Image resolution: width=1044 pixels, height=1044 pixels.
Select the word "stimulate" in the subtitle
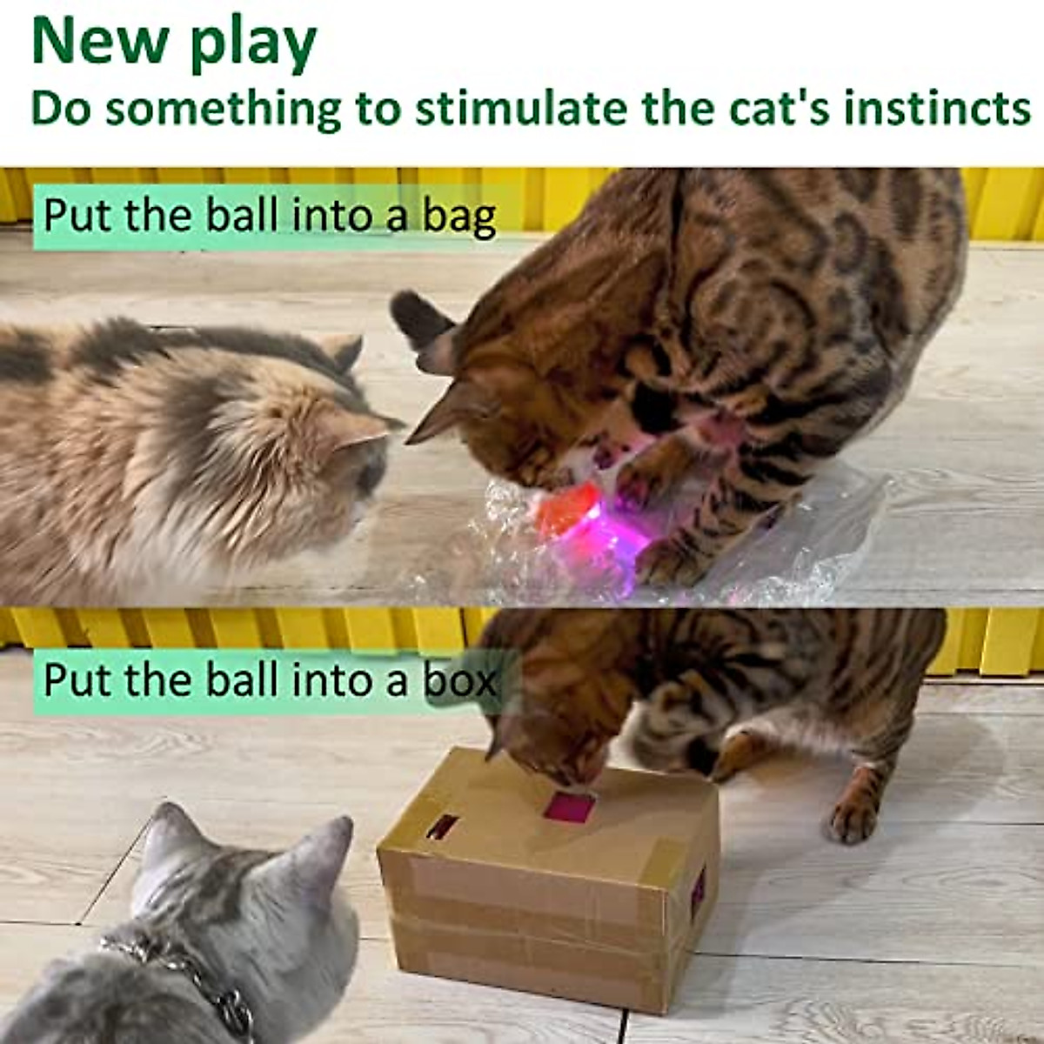pos(520,109)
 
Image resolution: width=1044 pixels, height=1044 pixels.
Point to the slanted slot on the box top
pos(442,826)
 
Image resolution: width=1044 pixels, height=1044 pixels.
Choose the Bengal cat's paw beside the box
pos(853,818)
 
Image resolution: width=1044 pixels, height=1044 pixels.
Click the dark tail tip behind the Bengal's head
pos(418,318)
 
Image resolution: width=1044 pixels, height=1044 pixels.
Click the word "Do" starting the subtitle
pos(60,109)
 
